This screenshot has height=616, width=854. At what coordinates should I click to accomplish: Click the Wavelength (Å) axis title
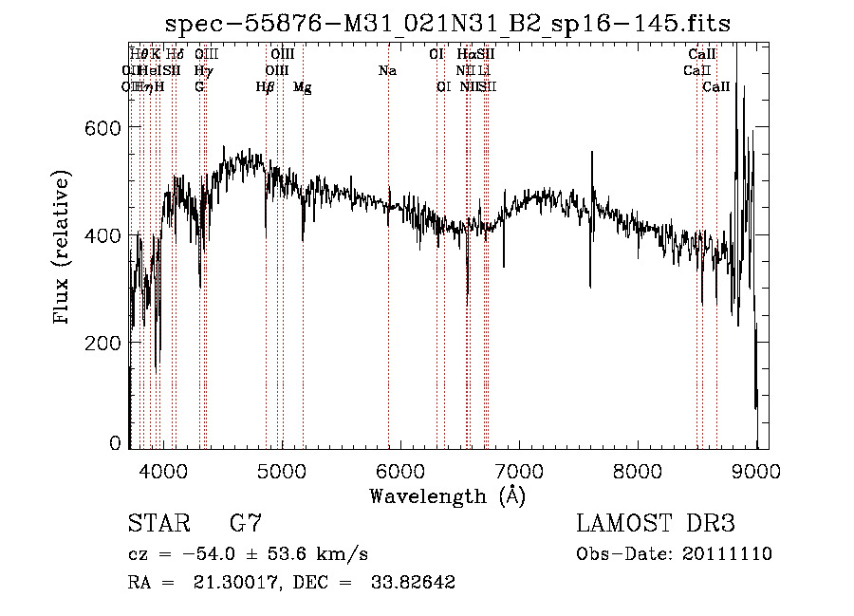[x=447, y=495]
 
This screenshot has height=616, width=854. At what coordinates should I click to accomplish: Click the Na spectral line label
[x=387, y=70]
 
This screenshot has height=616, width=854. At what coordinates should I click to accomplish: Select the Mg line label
[x=303, y=87]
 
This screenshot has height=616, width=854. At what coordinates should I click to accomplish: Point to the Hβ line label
[x=266, y=87]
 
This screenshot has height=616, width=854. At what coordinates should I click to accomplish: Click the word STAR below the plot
[x=158, y=524]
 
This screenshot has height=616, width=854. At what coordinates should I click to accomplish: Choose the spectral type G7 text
[x=245, y=524]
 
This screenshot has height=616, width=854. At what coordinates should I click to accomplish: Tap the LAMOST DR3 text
[x=656, y=524]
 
